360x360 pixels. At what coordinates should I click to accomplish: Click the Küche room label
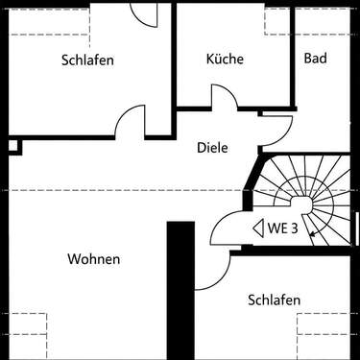[225, 59]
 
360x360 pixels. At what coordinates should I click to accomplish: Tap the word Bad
[315, 59]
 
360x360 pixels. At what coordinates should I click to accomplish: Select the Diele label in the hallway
[212, 148]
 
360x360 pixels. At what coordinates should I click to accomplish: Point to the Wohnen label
[94, 259]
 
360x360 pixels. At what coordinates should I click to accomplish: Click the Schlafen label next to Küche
[87, 60]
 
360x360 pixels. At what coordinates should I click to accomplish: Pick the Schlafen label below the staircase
[274, 300]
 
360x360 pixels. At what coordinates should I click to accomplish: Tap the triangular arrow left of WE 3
[256, 228]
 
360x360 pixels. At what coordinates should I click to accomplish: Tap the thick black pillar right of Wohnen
[180, 288]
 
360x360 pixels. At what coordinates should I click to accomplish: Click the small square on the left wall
[12, 146]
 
